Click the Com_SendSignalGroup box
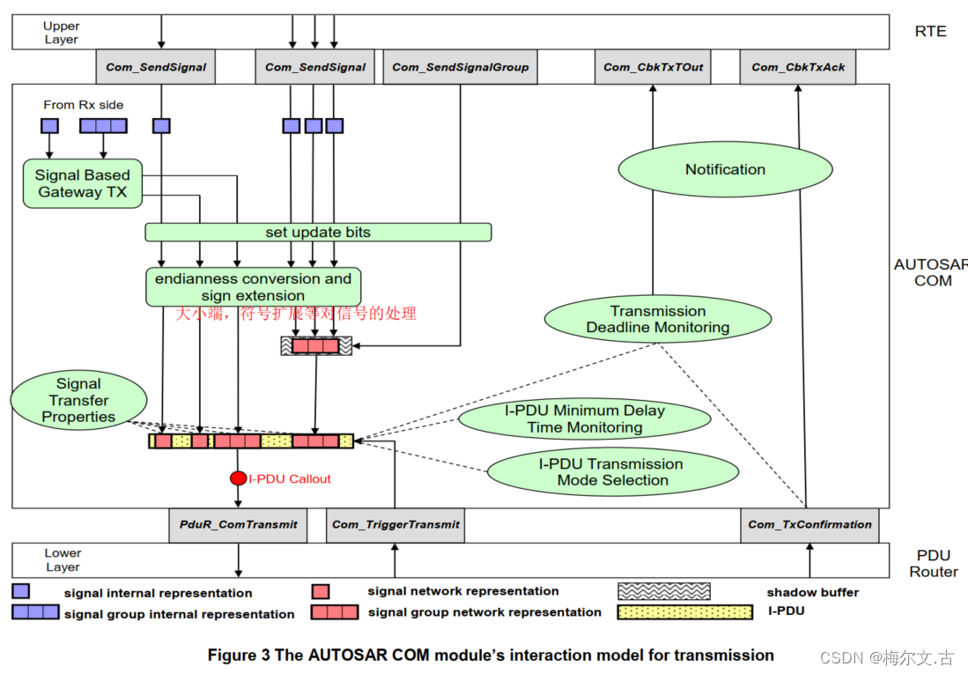pyautogui.click(x=460, y=67)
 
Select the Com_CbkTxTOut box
pyautogui.click(x=654, y=67)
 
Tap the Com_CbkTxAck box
pyautogui.click(x=797, y=67)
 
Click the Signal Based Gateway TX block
pyautogui.click(x=81, y=183)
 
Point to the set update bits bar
pyautogui.click(x=318, y=233)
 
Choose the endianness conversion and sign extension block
pyautogui.click(x=253, y=287)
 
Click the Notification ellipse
pyautogui.click(x=725, y=169)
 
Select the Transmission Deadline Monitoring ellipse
pyautogui.click(x=657, y=319)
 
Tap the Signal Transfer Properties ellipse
pyautogui.click(x=78, y=400)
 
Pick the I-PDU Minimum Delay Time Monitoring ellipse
pyautogui.click(x=584, y=419)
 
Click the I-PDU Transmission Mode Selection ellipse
pyautogui.click(x=612, y=472)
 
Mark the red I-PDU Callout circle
pyautogui.click(x=238, y=478)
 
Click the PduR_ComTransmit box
pyautogui.click(x=238, y=524)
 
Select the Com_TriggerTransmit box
pyautogui.click(x=395, y=524)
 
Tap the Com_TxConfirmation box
pyautogui.click(x=809, y=524)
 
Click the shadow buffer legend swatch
pyautogui.click(x=663, y=592)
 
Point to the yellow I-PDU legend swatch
pyautogui.click(x=685, y=611)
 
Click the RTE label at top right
pyautogui.click(x=930, y=31)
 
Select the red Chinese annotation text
pyautogui.click(x=295, y=314)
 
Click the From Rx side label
pyautogui.click(x=84, y=105)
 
